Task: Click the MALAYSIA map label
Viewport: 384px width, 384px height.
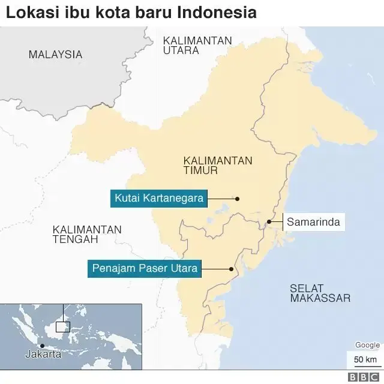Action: point(55,55)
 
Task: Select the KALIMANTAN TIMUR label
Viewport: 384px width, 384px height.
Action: point(218,166)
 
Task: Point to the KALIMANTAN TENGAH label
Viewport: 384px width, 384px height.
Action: point(87,235)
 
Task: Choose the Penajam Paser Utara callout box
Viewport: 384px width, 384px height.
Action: point(145,268)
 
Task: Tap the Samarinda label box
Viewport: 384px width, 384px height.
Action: point(313,222)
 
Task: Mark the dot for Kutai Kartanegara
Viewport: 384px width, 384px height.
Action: point(237,199)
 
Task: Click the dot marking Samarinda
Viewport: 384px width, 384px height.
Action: point(269,222)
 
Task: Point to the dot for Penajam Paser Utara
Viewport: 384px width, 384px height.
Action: point(232,269)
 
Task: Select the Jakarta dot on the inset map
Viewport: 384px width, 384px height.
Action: point(41,346)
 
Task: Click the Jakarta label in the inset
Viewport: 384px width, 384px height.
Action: point(43,355)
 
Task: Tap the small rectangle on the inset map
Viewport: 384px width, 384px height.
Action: point(63,327)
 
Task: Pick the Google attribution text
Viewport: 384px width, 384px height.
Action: point(367,345)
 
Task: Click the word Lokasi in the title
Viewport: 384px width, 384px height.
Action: point(28,13)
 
